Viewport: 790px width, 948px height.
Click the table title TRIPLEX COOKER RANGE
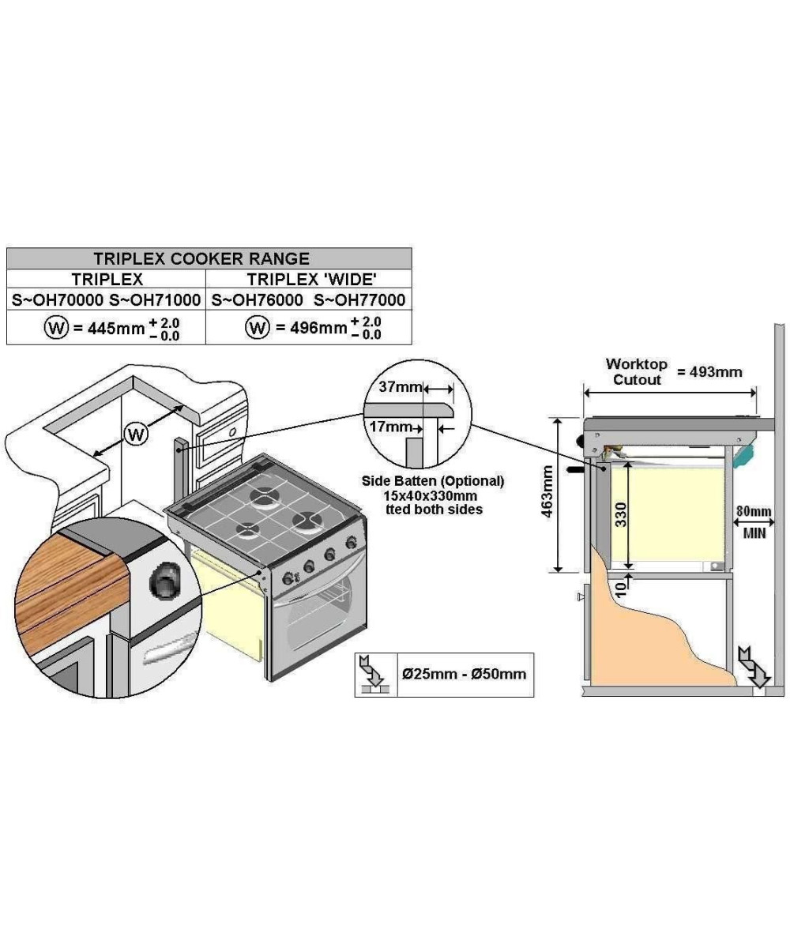click(x=201, y=258)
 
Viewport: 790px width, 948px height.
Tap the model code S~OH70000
click(x=57, y=300)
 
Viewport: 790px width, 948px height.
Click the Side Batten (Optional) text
click(x=432, y=480)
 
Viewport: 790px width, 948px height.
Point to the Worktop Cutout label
click(x=636, y=371)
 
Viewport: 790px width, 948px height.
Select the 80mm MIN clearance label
click(x=753, y=521)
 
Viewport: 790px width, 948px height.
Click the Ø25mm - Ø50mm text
click(x=464, y=674)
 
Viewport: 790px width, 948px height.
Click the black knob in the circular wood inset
click(x=164, y=582)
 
